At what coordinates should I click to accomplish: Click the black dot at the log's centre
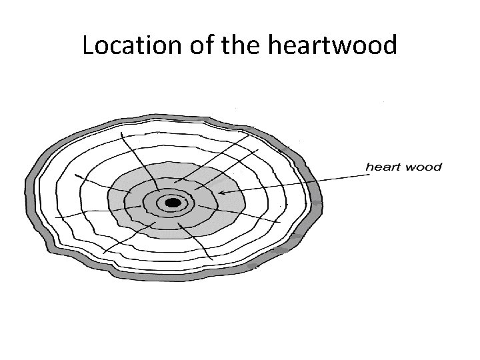point(173,202)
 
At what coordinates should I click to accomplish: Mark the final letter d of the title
point(389,45)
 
